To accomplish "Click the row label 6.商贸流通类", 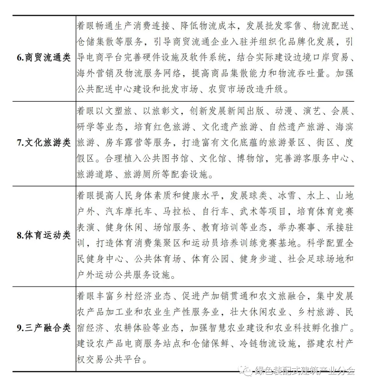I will [x=43, y=57].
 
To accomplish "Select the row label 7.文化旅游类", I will [x=43, y=142].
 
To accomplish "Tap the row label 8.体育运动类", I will [x=43, y=235].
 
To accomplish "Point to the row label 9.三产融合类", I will [x=43, y=328].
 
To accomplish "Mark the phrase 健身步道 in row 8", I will [x=258, y=259].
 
